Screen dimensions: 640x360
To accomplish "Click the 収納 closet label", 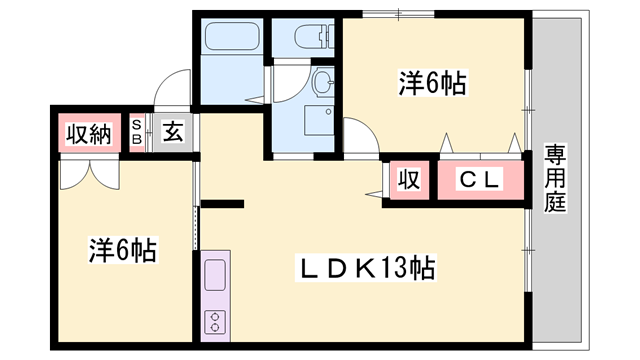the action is click(x=87, y=133).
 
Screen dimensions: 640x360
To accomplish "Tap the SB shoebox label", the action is click(x=138, y=132).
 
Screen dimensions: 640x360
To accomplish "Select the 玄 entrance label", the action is click(x=172, y=132).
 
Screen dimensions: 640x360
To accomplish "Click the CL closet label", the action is click(x=480, y=180).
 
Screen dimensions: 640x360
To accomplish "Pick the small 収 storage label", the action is click(x=408, y=180).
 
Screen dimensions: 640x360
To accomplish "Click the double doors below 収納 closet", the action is click(x=88, y=172).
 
